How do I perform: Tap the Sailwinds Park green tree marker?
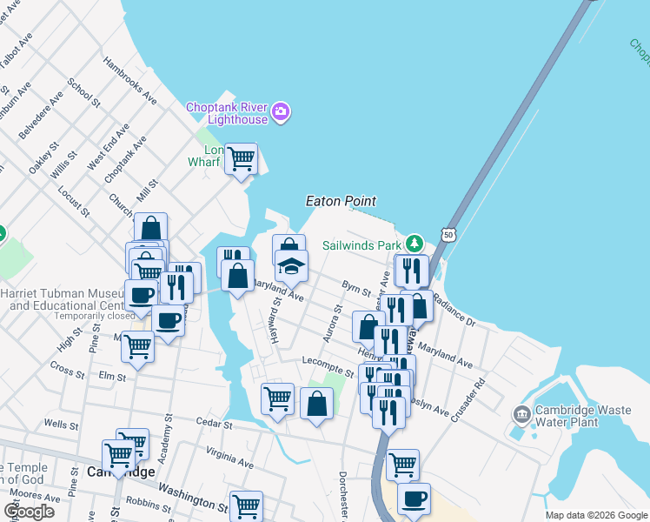click(415, 243)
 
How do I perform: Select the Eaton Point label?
click(341, 201)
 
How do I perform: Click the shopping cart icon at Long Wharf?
click(241, 158)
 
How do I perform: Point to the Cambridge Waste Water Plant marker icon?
click(521, 413)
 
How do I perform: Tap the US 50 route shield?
click(447, 235)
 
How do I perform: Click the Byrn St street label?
click(356, 287)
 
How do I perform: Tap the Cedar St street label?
click(214, 424)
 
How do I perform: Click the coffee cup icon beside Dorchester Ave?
click(414, 499)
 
